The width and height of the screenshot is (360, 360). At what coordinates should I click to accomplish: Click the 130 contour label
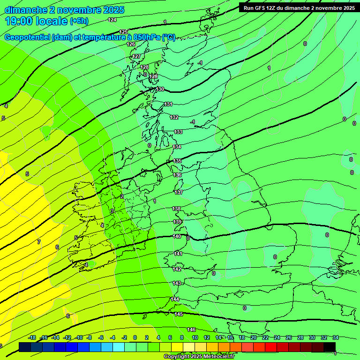click(x=160, y=89)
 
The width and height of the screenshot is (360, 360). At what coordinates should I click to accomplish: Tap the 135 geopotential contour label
click(x=177, y=161)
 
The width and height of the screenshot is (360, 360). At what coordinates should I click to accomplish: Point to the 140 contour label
click(x=177, y=237)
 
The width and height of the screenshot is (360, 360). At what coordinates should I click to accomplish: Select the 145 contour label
click(x=179, y=314)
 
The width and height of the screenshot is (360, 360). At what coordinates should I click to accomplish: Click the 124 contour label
click(x=112, y=20)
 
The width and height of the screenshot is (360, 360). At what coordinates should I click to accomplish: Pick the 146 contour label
click(x=191, y=330)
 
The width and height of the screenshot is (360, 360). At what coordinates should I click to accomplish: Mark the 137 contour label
click(x=179, y=192)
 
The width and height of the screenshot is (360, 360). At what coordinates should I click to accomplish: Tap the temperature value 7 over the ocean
click(x=39, y=242)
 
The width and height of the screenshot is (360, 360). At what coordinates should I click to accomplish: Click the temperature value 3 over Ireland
click(x=112, y=211)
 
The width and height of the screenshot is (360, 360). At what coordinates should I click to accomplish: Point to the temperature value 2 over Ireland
click(x=122, y=196)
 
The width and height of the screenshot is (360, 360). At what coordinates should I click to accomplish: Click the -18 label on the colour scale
click(x=32, y=337)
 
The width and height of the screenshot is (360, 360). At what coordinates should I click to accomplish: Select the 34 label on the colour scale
click(x=336, y=337)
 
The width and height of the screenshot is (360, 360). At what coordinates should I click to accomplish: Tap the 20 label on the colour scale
click(x=253, y=337)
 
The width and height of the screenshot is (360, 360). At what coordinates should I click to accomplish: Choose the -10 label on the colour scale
click(x=79, y=337)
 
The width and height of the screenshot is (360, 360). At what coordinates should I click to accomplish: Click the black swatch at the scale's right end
click(x=330, y=347)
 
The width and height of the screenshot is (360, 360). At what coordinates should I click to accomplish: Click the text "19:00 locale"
click(x=36, y=21)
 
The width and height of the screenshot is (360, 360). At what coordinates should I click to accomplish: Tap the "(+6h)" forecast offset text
click(x=79, y=21)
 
